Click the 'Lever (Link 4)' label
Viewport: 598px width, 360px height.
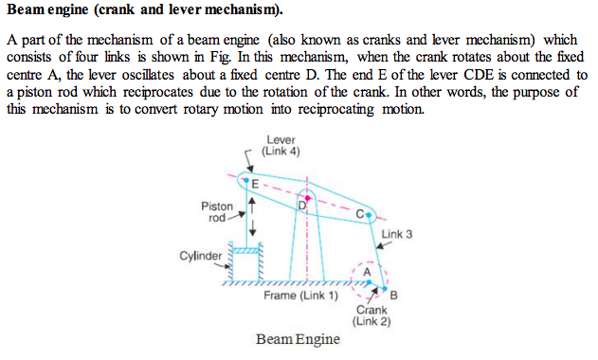[x=281, y=146]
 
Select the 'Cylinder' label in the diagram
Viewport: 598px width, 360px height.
[x=200, y=255]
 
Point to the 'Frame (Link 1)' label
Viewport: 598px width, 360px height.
[x=300, y=297]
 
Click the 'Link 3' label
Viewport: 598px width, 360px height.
[x=396, y=233]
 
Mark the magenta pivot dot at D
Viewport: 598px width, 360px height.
[x=307, y=197]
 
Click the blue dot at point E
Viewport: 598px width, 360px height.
[x=247, y=180]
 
